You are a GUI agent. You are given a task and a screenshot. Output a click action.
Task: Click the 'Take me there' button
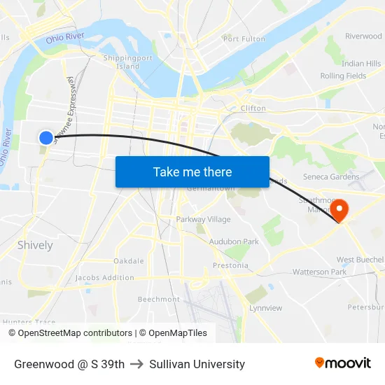click(x=192, y=172)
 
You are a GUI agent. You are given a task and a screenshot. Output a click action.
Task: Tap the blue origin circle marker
click(x=45, y=138)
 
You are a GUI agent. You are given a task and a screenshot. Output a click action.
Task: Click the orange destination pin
click(x=339, y=210)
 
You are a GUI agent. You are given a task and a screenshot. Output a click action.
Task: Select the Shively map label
click(x=35, y=245)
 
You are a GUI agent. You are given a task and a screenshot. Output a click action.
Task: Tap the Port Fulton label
click(x=242, y=38)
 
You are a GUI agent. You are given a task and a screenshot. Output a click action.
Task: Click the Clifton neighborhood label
click(x=253, y=108)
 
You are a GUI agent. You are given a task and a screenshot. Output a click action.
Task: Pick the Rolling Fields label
click(x=343, y=76)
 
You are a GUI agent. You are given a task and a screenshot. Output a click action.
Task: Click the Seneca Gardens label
click(x=330, y=177)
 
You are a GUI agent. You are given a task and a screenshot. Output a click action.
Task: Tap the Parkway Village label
click(x=203, y=220)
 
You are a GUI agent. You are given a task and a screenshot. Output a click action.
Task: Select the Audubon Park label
click(x=234, y=241)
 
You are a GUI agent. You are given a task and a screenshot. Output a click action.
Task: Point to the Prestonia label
click(x=230, y=265)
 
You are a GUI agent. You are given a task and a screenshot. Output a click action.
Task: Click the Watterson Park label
click(x=319, y=272)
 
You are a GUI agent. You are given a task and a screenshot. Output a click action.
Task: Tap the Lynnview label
click(x=266, y=308)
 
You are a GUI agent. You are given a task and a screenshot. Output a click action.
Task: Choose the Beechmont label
click(x=158, y=299)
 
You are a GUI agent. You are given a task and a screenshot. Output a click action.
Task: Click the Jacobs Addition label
click(x=105, y=278)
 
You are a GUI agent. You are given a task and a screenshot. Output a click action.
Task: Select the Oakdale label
click(x=129, y=261)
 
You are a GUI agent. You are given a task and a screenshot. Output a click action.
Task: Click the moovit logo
click(x=342, y=363)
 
